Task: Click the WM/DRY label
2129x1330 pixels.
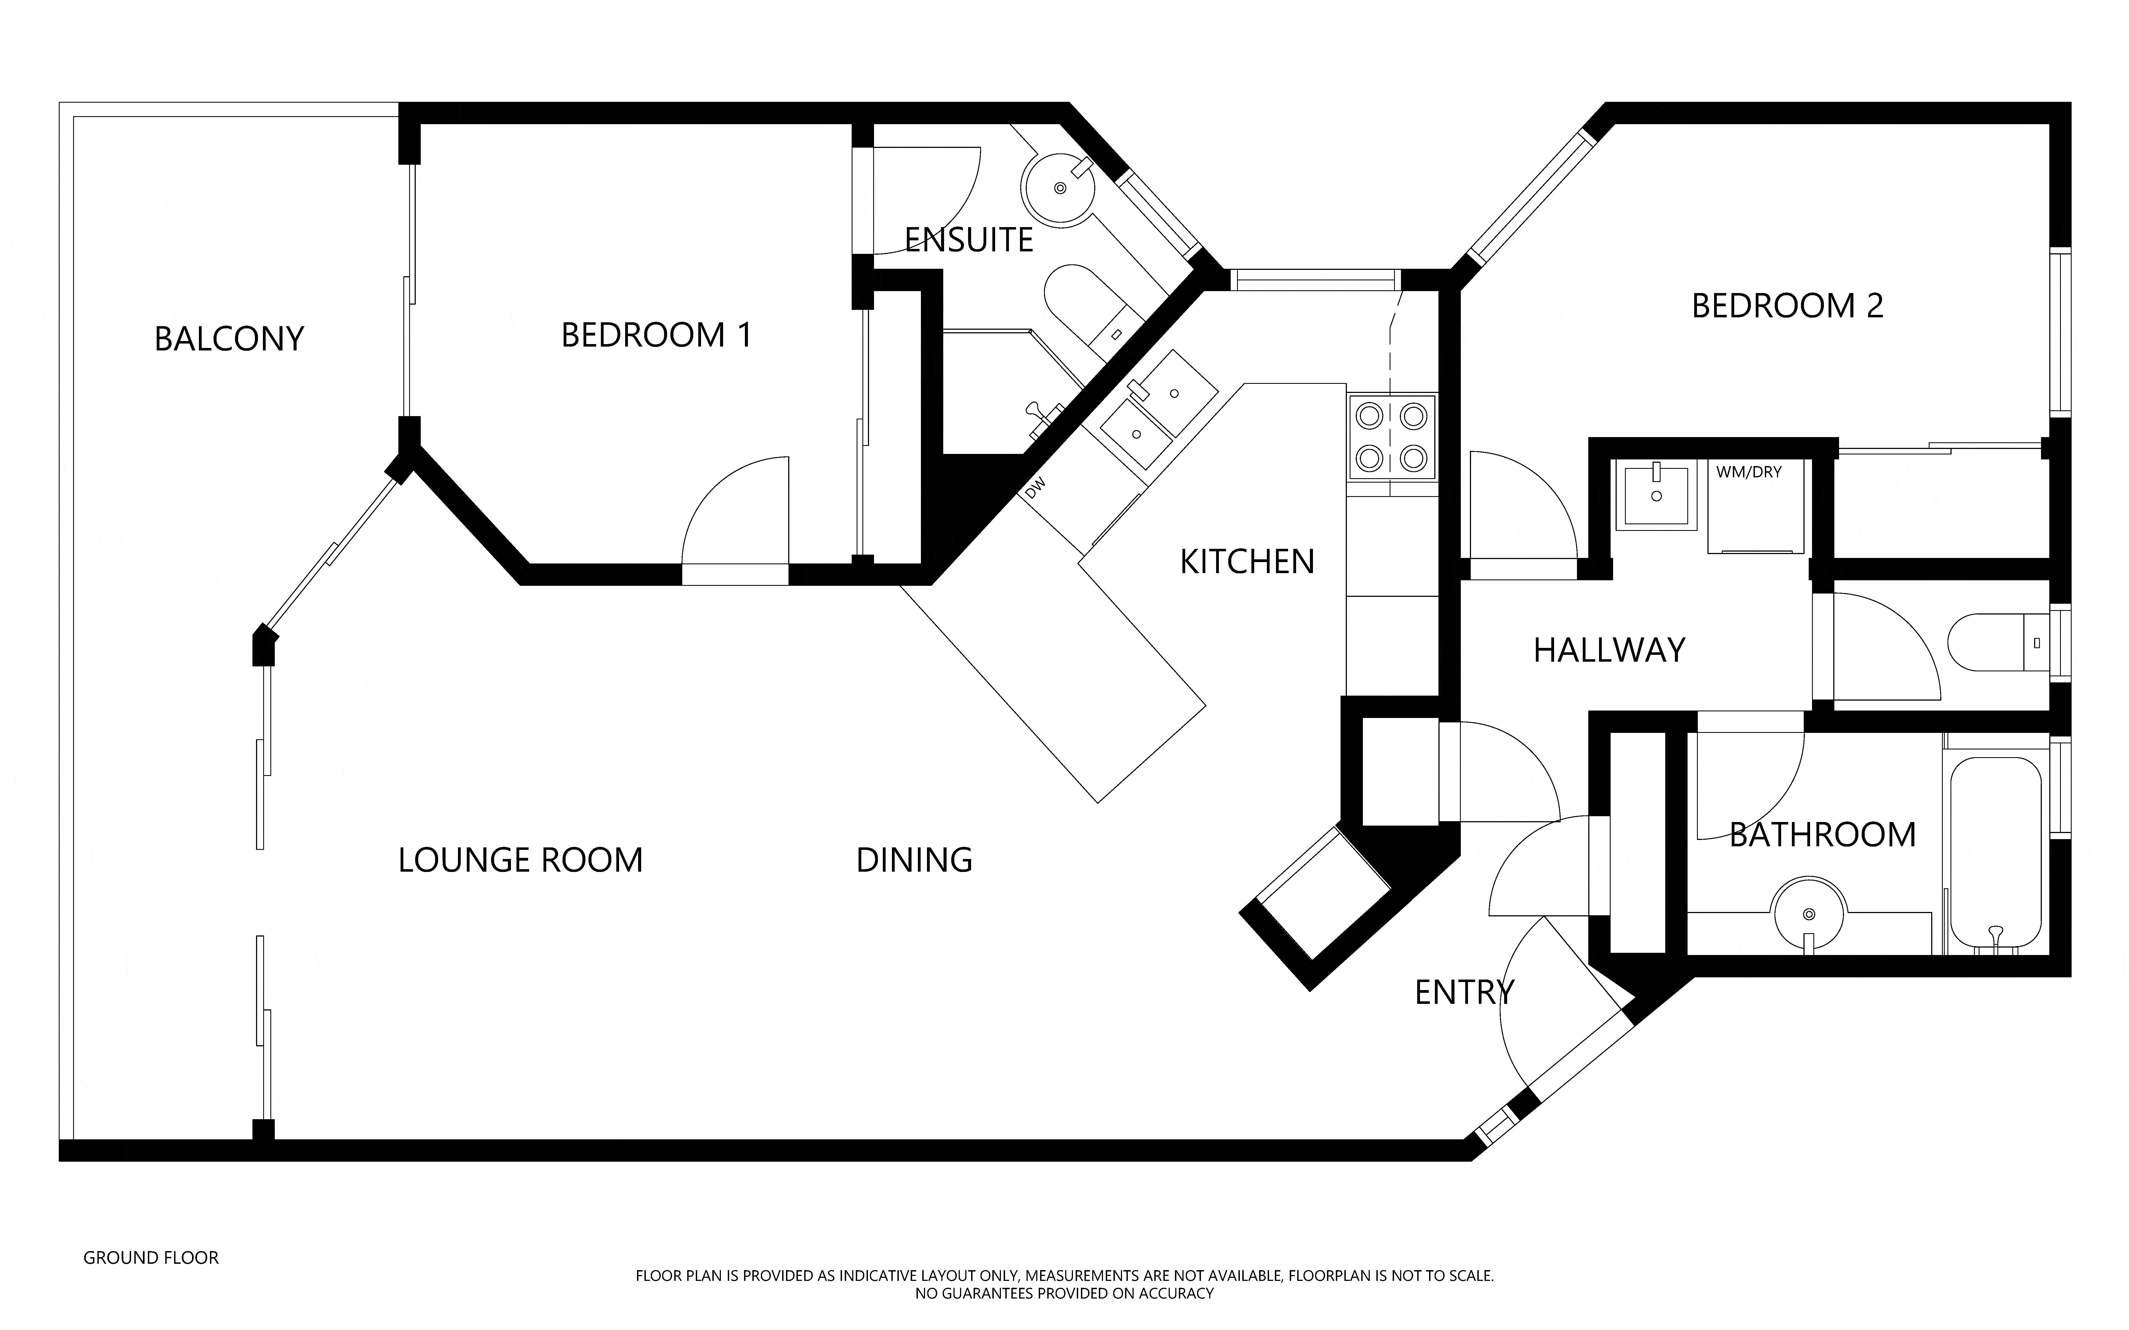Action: point(1748,472)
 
